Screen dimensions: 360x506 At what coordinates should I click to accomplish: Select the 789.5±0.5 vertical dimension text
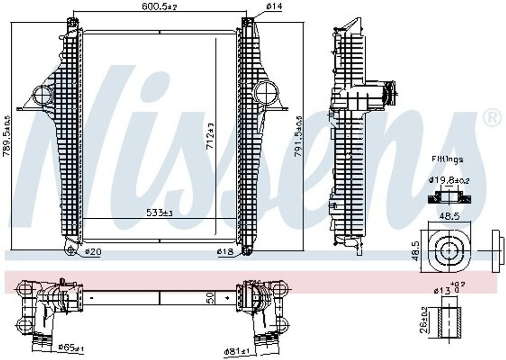coord(6,136)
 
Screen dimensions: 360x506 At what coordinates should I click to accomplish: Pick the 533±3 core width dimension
coord(159,213)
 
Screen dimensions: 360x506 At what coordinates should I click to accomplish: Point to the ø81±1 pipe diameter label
coord(239,351)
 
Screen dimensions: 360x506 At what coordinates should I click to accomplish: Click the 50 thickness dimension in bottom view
coord(210,298)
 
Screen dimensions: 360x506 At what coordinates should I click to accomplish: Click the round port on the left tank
coord(42,93)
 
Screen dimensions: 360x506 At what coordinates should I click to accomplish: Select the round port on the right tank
coord(267,92)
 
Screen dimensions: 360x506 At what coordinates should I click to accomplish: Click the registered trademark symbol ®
coord(491,118)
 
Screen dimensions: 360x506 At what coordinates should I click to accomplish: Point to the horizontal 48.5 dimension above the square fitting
coord(448,216)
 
